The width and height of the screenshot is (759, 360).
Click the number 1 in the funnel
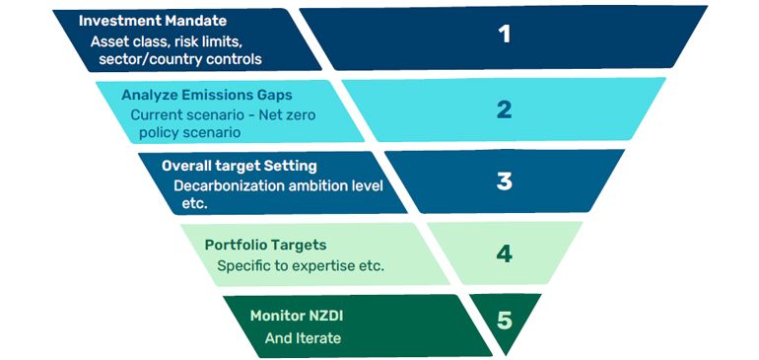coord(505,35)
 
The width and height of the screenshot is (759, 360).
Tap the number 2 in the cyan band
coord(504,109)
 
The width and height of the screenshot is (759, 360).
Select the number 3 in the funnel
coord(505,181)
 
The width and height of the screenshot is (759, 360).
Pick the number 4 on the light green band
coord(505,253)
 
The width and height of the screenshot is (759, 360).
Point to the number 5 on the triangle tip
coord(505,321)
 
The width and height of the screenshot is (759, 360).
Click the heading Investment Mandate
coord(153,21)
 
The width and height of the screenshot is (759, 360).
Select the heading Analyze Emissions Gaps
coord(207,95)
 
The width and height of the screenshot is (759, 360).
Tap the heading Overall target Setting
coord(240,166)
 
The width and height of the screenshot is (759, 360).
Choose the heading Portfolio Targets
coord(265,245)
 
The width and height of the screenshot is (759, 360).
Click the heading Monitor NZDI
coord(300,316)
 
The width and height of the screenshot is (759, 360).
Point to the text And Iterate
coord(303,337)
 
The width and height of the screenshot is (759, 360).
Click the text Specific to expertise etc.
coord(301,266)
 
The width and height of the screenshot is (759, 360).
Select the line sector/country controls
coord(180,59)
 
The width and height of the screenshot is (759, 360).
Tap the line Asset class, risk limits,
coord(166,41)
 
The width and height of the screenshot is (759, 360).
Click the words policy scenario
coord(189,133)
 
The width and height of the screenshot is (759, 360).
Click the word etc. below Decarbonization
coord(194,204)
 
